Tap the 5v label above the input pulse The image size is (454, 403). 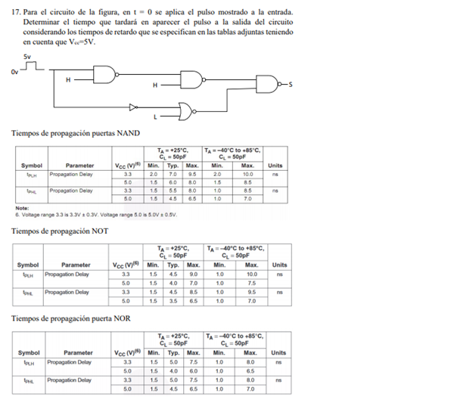pos(27,57)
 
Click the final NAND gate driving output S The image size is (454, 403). pos(268,85)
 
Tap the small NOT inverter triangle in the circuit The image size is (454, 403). pos(134,108)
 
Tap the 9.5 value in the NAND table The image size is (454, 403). pos(192,173)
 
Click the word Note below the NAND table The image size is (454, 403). pos(21,208)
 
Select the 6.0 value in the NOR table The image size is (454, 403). pos(192,371)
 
